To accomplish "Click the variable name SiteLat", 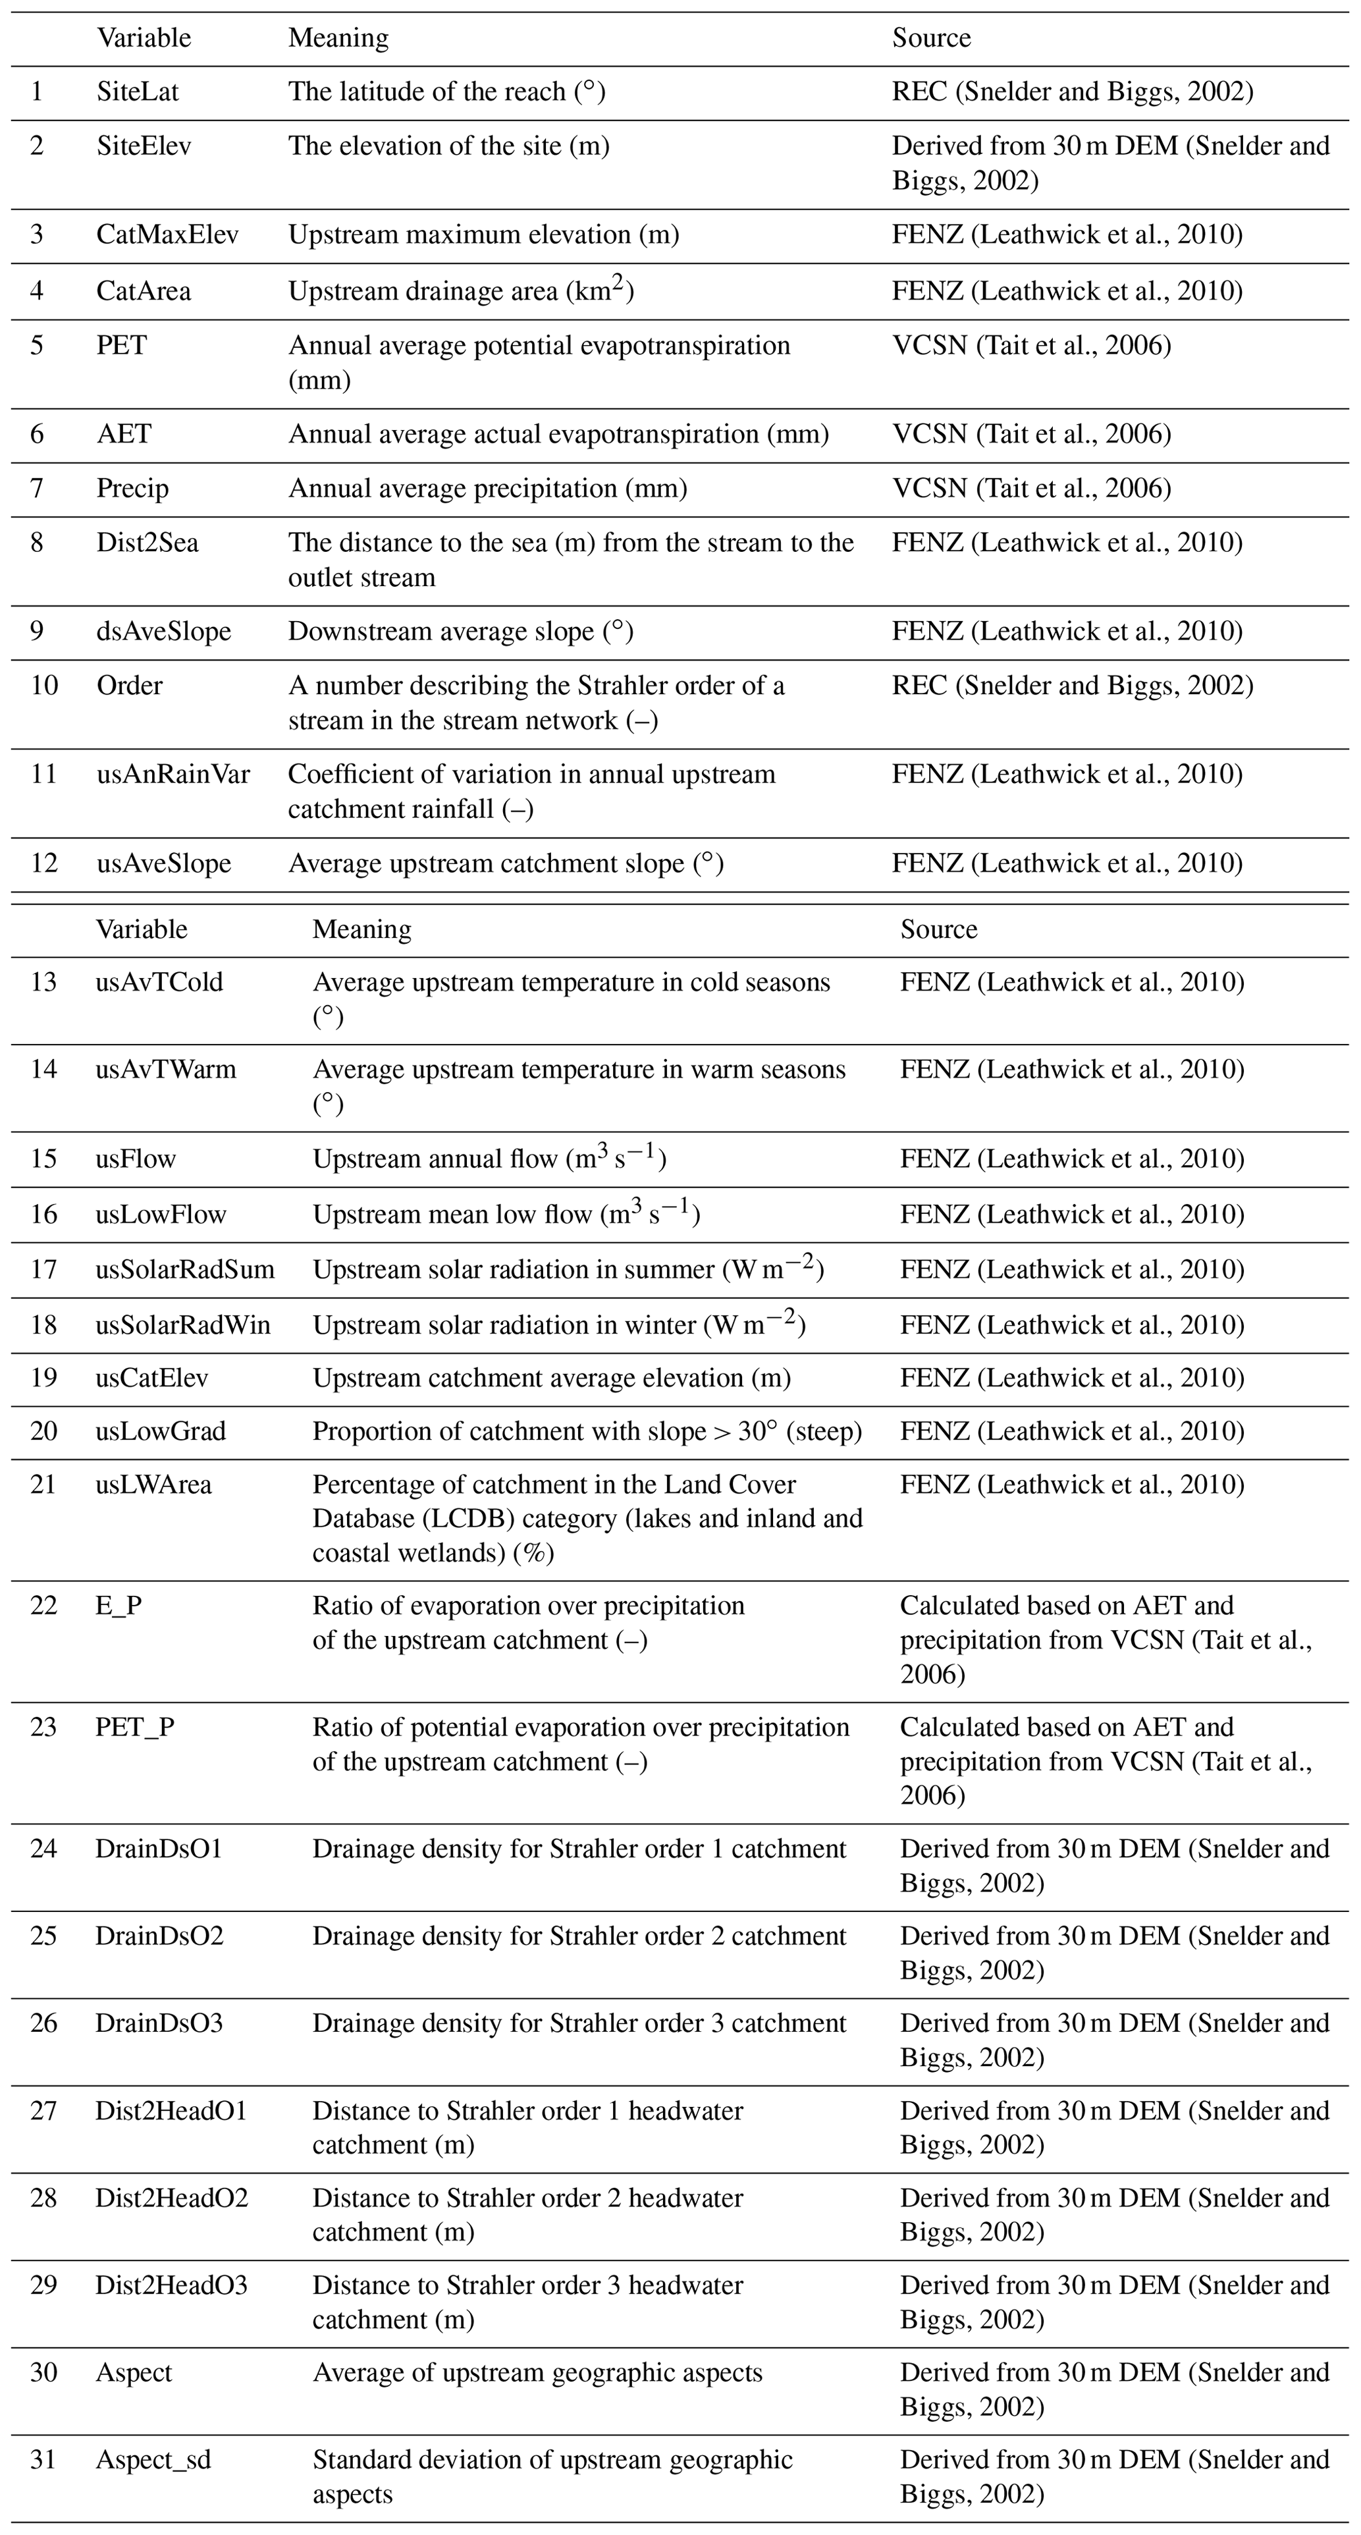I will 138,92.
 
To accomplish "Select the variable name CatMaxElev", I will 167,235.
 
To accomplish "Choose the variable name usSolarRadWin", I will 183,1324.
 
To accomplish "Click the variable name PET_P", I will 135,1727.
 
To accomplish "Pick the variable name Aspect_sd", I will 153,2460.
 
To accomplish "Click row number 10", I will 43,686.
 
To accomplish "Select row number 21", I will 43,1484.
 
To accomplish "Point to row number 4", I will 38,291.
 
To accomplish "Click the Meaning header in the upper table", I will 338,38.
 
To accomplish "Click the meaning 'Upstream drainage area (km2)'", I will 460,291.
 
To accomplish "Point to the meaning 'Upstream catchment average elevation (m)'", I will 551,1378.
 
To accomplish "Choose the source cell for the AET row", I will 1031,434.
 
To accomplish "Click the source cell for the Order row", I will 1072,686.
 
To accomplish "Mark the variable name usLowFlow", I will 161,1214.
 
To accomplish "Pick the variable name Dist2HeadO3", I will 171,2285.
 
